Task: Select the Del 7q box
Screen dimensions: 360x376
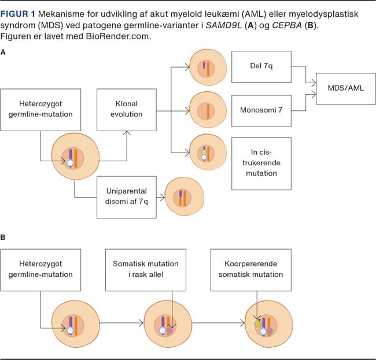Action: coord(261,66)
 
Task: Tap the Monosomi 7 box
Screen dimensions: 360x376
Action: coord(261,109)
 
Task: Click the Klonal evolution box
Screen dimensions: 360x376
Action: coord(126,109)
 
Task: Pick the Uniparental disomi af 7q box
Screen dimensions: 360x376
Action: coord(127,197)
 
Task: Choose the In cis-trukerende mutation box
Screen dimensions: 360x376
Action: coord(261,164)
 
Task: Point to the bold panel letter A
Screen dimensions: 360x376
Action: coord(3,53)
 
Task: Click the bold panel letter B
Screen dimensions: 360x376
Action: coord(3,237)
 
